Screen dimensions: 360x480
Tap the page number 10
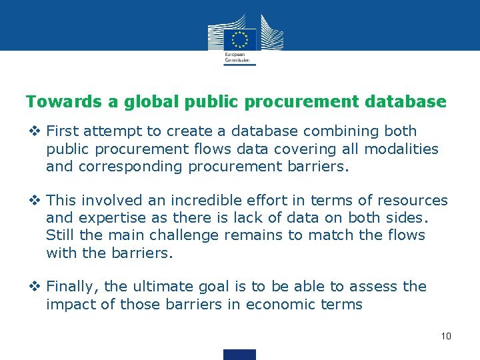(446, 335)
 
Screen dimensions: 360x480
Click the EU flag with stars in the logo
(240, 39)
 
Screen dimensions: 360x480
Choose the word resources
(413, 201)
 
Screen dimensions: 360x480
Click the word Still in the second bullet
(60, 235)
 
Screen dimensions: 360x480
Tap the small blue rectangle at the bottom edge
(240, 355)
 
